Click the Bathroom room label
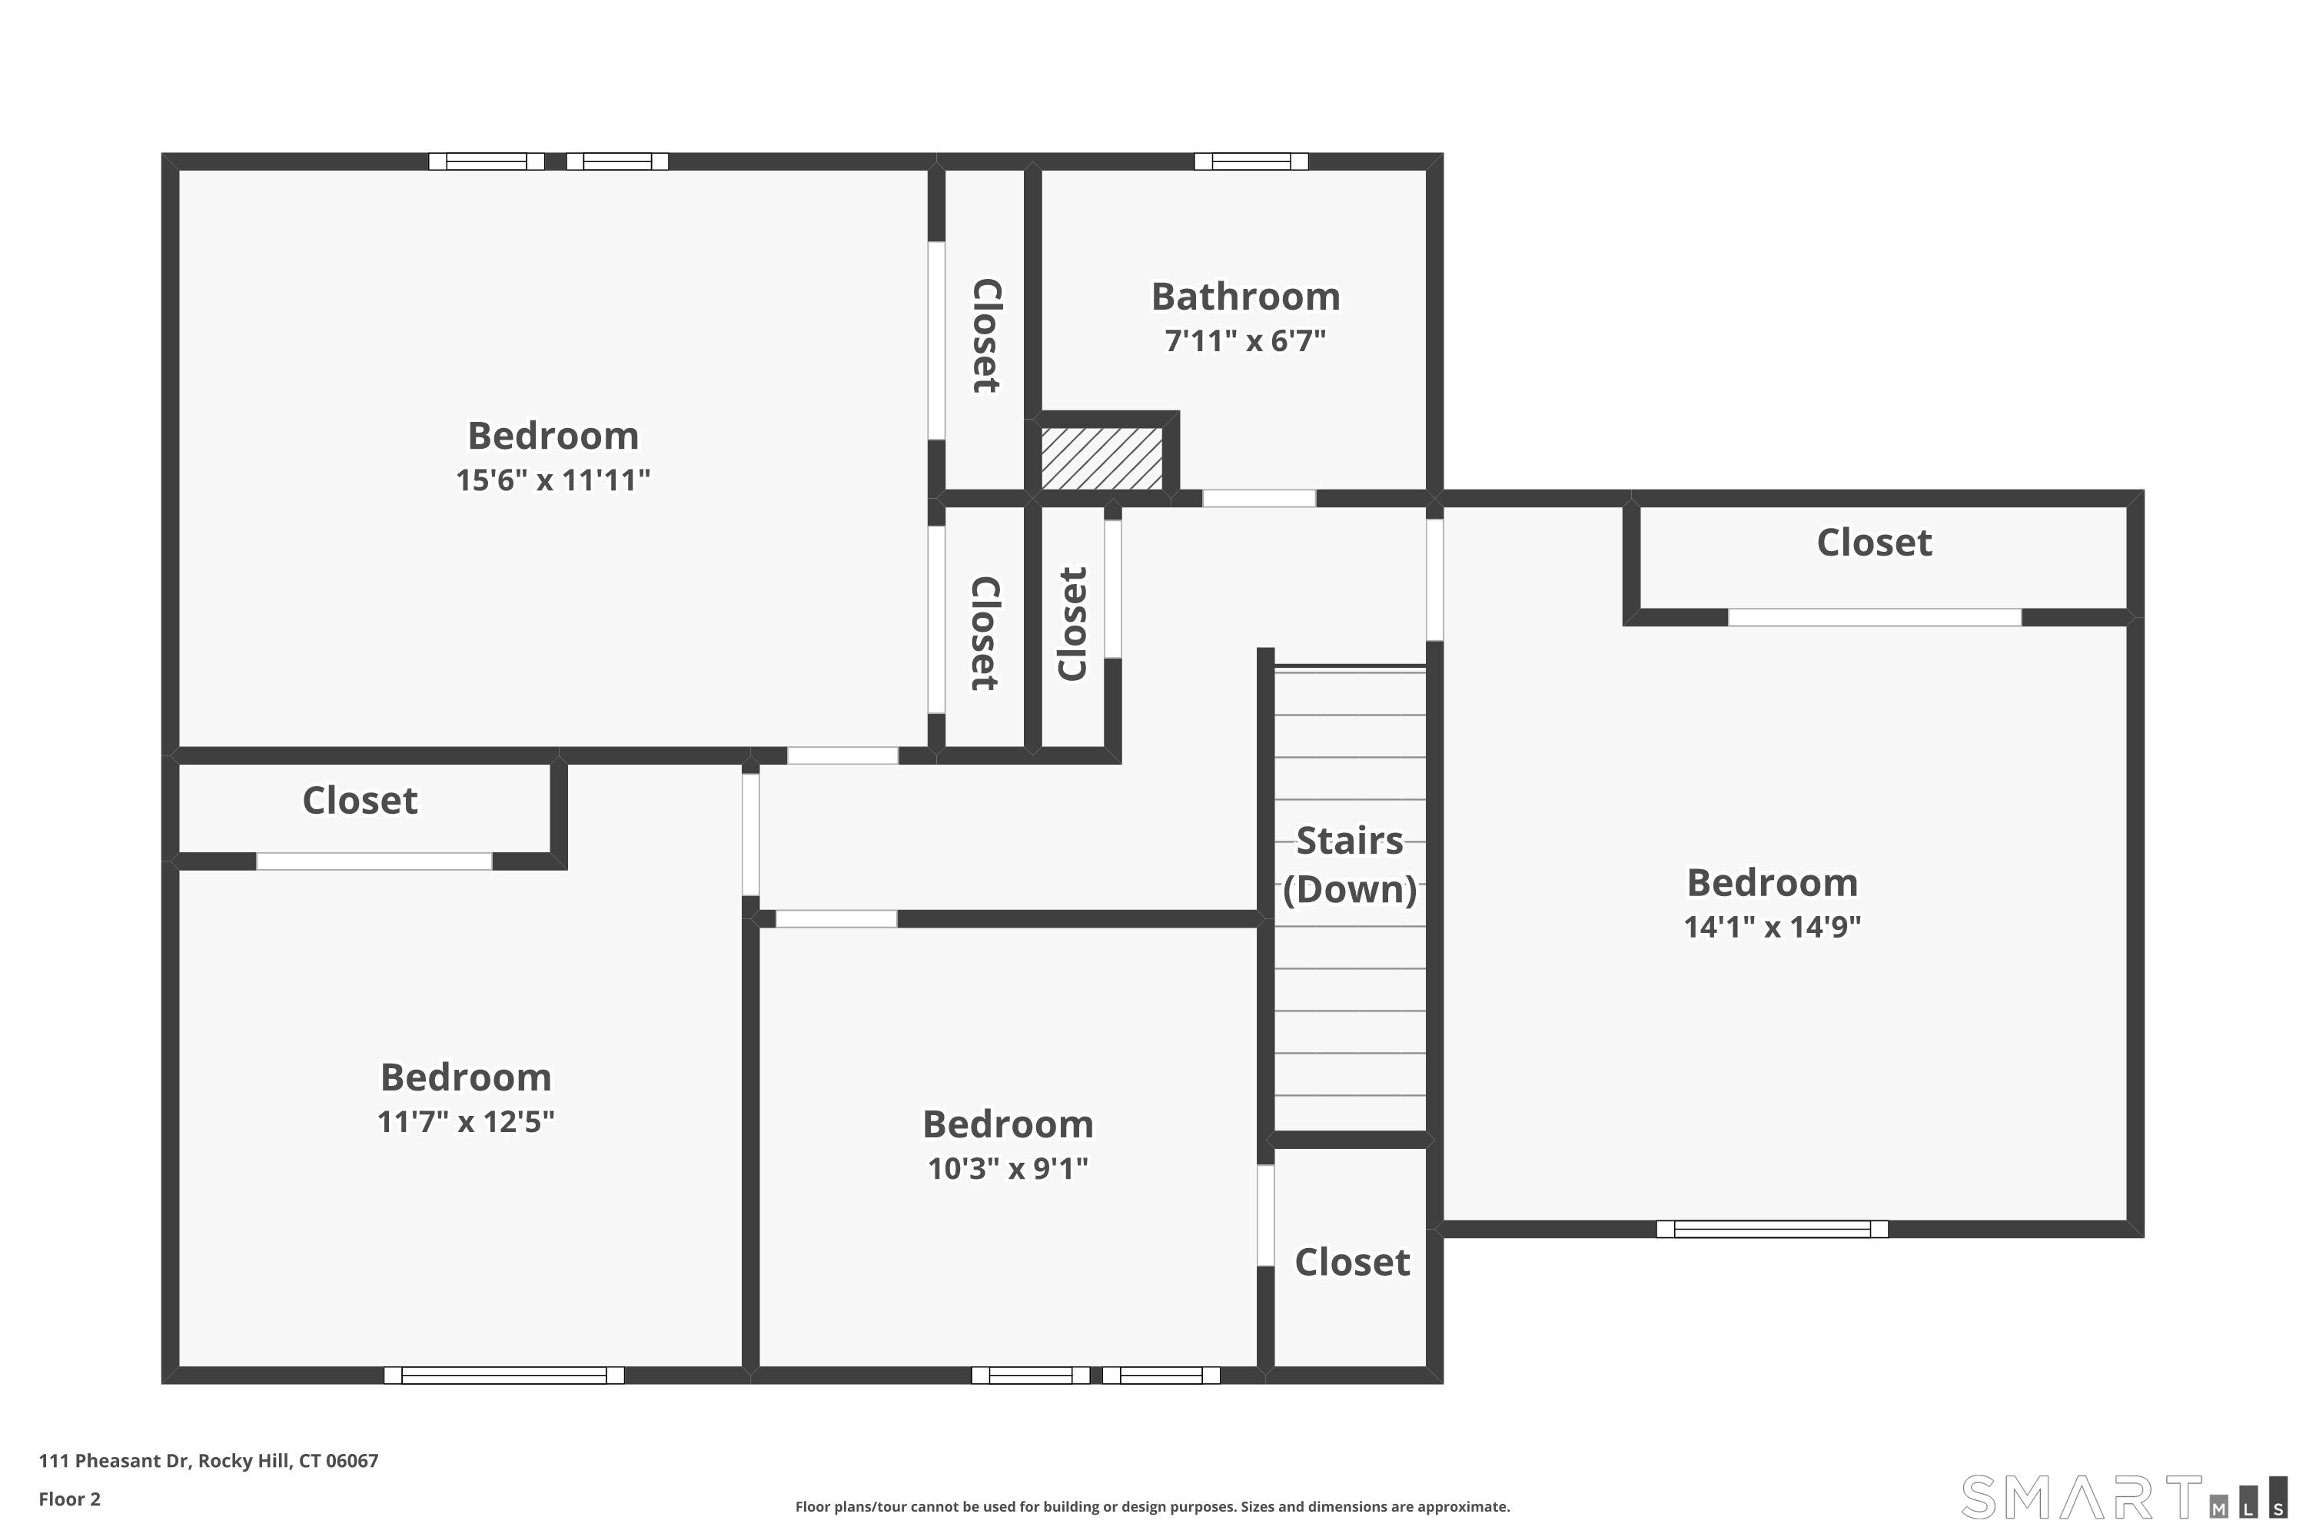(x=1245, y=296)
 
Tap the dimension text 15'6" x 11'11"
(x=553, y=480)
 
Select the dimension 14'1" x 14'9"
(x=1772, y=926)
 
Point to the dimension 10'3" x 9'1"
(x=1008, y=1168)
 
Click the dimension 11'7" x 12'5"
(x=466, y=1121)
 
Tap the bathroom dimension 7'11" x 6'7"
(x=1245, y=341)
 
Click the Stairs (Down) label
(x=1350, y=865)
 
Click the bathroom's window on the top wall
(x=1251, y=161)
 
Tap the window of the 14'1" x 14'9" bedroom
(x=1772, y=1229)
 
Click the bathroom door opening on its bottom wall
(x=1259, y=499)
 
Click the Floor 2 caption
(x=70, y=1499)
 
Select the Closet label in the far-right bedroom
(x=1874, y=542)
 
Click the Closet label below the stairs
(x=1352, y=1262)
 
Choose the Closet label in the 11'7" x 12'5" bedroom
(x=360, y=800)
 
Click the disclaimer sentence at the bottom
(x=1152, y=1506)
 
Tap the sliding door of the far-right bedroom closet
(x=1874, y=618)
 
